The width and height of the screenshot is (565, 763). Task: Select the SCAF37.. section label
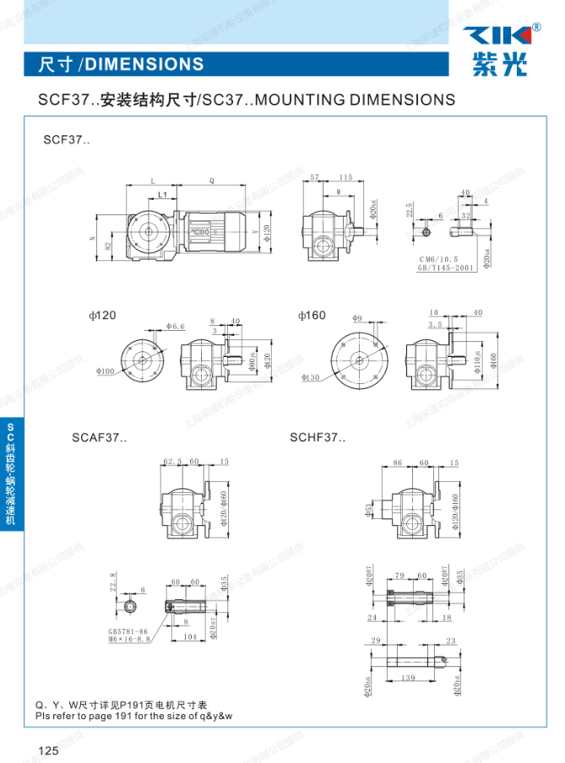pyautogui.click(x=99, y=437)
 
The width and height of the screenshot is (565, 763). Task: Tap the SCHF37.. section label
pyautogui.click(x=318, y=437)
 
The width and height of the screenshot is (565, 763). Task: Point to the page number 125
pyautogui.click(x=46, y=750)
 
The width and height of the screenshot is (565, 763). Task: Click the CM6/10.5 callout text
pyautogui.click(x=438, y=259)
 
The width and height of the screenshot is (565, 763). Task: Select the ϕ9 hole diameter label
pyautogui.click(x=357, y=318)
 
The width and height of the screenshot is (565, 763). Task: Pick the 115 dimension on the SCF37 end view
pyautogui.click(x=345, y=177)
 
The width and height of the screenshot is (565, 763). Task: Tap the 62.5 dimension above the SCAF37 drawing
pyautogui.click(x=172, y=462)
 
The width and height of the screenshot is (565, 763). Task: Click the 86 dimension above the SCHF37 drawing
pyautogui.click(x=398, y=463)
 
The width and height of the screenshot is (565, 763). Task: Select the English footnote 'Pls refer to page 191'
pyautogui.click(x=133, y=715)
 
